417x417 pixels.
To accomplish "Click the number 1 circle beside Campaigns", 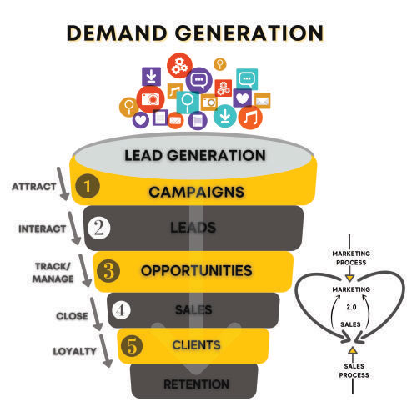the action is pyautogui.click(x=88, y=186).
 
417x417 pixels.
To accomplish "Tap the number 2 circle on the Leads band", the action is pyautogui.click(x=98, y=228).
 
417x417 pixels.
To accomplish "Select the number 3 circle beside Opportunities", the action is pyautogui.click(x=108, y=271).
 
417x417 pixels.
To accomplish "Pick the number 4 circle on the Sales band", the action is pyautogui.click(x=121, y=309).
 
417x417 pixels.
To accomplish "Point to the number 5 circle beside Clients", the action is pyautogui.click(x=132, y=346).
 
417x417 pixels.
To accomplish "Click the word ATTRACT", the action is pyautogui.click(x=34, y=187).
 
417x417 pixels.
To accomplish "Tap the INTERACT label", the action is pyautogui.click(x=43, y=229).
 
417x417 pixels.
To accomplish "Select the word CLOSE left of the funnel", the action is pyautogui.click(x=72, y=316).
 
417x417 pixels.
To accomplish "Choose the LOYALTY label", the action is pyautogui.click(x=74, y=351).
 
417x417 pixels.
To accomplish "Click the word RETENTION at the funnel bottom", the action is pyautogui.click(x=197, y=384).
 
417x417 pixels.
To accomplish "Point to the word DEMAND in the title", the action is pyautogui.click(x=117, y=33).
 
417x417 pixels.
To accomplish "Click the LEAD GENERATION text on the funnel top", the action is pyautogui.click(x=195, y=155).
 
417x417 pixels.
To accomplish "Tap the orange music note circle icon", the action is pyautogui.click(x=250, y=118).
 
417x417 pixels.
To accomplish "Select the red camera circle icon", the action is pyautogui.click(x=150, y=99).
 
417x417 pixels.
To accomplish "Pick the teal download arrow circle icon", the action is pyautogui.click(x=225, y=116).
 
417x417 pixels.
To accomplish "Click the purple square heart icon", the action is pyautogui.click(x=243, y=98).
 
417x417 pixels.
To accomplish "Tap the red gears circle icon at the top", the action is pyautogui.click(x=179, y=66).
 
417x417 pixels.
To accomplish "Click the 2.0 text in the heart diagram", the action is pyautogui.click(x=351, y=307).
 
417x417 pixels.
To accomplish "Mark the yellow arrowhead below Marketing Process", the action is pyautogui.click(x=349, y=278).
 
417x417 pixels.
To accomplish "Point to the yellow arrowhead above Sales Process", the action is pyautogui.click(x=353, y=350).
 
